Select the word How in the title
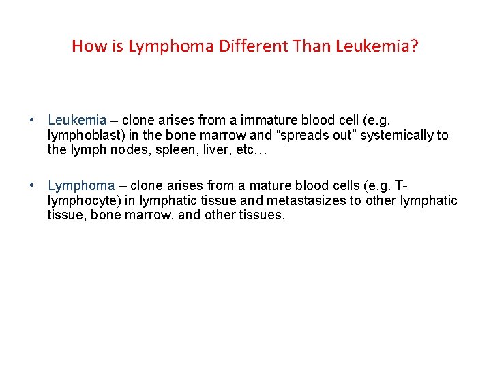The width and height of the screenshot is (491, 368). click(85, 46)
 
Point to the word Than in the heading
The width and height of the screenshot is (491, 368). click(312, 46)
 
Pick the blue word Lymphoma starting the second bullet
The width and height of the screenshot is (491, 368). click(81, 185)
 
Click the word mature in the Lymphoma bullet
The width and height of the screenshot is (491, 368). click(260, 185)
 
